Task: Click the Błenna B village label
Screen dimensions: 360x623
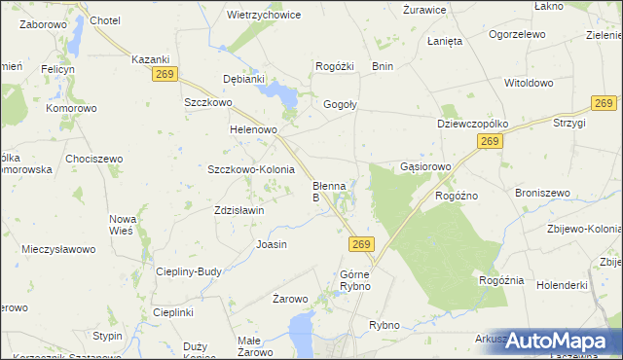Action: point(328,191)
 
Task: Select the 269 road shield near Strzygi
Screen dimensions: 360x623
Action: point(605,104)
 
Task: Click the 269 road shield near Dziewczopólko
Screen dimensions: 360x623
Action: point(490,143)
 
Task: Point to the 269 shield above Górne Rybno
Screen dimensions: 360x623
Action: point(361,243)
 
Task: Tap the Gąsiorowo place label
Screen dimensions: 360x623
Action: point(426,167)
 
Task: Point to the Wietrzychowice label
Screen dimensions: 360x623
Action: point(263,16)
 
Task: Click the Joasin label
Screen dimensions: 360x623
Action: point(271,244)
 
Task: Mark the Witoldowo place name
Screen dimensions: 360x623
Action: point(528,84)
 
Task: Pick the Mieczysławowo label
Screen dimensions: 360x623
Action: point(58,249)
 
